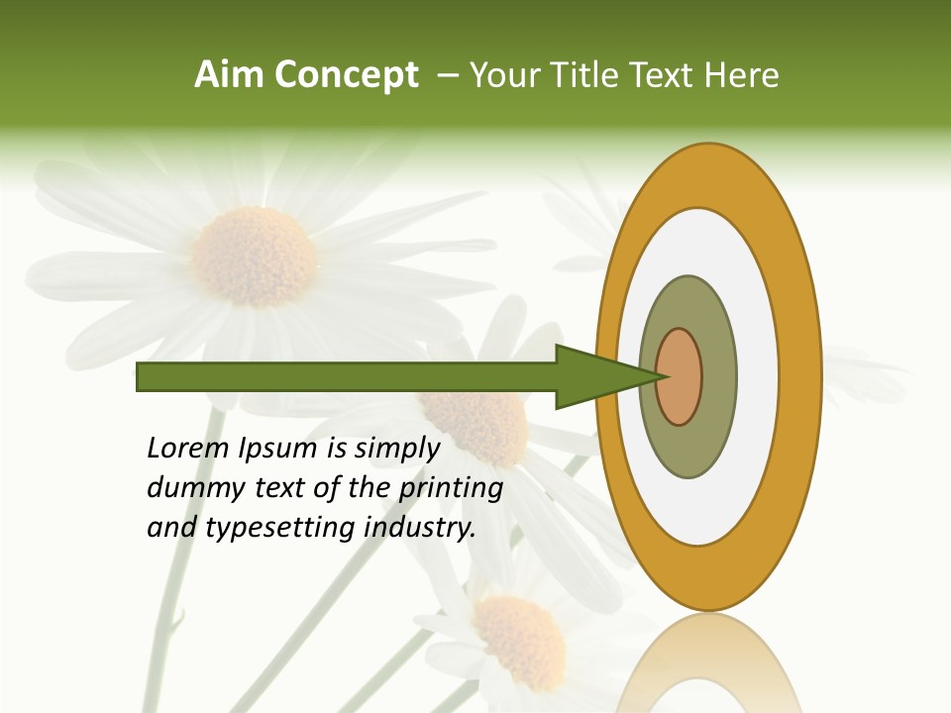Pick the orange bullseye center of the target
(x=679, y=376)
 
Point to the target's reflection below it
(x=708, y=663)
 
